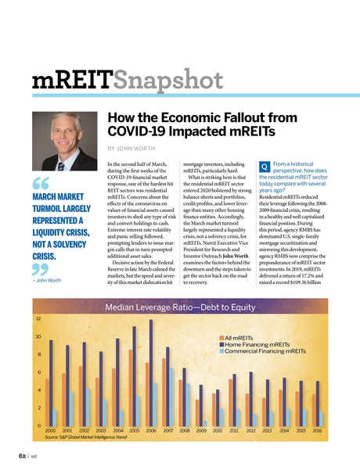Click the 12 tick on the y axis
click(38, 319)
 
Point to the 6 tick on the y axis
click(38, 372)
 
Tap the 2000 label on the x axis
click(50, 430)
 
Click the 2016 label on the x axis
click(318, 430)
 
